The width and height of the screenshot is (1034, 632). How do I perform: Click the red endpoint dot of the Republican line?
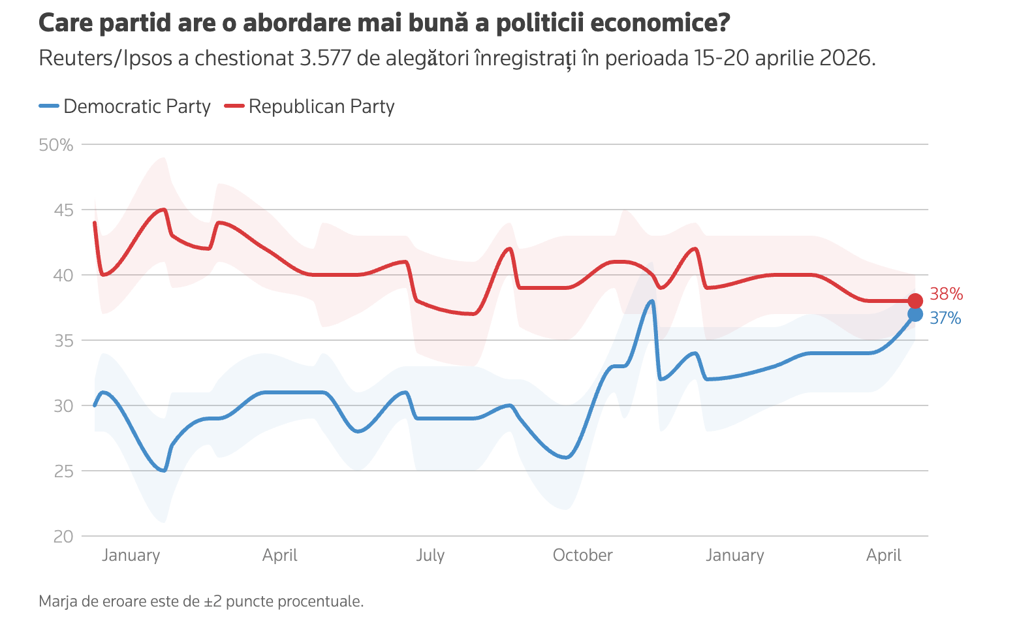[915, 301]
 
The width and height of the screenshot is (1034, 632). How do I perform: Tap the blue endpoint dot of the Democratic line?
[915, 315]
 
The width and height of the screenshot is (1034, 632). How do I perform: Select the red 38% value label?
[946, 294]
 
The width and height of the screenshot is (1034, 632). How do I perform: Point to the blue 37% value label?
[945, 319]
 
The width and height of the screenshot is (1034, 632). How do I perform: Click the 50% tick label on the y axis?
[56, 145]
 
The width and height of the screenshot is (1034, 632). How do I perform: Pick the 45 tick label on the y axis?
[64, 210]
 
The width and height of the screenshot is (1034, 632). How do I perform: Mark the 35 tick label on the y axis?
[64, 341]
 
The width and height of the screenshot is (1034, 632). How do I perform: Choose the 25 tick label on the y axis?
[64, 471]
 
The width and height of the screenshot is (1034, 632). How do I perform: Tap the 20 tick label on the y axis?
[64, 537]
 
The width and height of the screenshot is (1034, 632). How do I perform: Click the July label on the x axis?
[430, 556]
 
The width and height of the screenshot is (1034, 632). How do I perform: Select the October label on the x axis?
[582, 556]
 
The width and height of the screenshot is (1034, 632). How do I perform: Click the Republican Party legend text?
[321, 106]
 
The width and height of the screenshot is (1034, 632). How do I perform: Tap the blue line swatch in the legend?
[49, 106]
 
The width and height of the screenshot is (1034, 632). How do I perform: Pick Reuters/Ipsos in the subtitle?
[106, 58]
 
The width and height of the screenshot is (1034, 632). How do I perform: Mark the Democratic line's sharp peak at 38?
[651, 301]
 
